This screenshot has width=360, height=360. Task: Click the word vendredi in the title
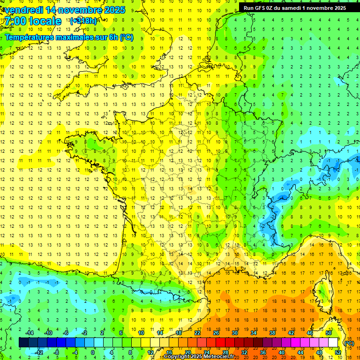pos(22,10)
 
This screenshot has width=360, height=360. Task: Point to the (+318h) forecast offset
pos(83,21)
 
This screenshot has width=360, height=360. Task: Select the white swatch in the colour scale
pos(333,343)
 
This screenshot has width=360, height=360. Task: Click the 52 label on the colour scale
pos(338,352)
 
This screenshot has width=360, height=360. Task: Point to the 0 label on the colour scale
pos(92,352)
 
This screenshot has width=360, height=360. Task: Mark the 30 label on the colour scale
pos(234,333)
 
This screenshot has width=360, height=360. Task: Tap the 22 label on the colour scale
pos(197,333)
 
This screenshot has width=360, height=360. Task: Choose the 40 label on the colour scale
pos(281,352)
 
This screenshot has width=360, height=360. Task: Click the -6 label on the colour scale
pos(66,333)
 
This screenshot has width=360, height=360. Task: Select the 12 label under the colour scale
pos(150,352)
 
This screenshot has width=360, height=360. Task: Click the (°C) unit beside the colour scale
pos(349,343)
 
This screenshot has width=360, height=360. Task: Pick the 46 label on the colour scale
pos(310,333)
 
